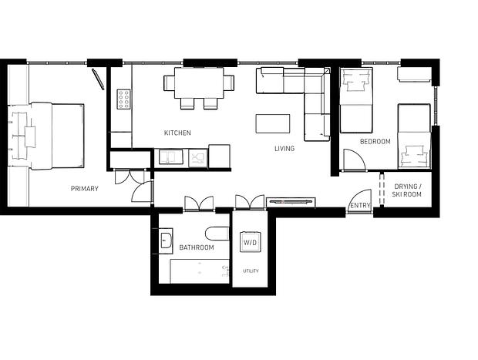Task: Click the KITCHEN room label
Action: pos(177,133)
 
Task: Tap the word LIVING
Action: pos(284,149)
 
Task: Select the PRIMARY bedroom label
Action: pos(85,189)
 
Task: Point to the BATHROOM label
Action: pos(197,247)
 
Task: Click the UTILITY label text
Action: pos(251,271)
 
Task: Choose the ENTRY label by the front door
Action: pos(360,206)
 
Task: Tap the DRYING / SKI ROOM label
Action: pos(407,190)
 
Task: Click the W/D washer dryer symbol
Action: pos(251,242)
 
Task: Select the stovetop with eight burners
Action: pos(124,99)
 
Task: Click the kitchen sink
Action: pos(171,156)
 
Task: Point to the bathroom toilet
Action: pos(217,234)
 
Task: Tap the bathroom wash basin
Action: pos(167,241)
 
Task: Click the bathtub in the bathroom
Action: pos(200,271)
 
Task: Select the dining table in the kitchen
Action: pos(199,83)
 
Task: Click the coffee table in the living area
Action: pos(272,123)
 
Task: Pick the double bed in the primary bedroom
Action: pos(57,136)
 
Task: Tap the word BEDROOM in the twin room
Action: pos(375,142)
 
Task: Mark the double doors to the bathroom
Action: pos(199,204)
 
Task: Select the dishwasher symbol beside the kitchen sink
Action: pos(198,158)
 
